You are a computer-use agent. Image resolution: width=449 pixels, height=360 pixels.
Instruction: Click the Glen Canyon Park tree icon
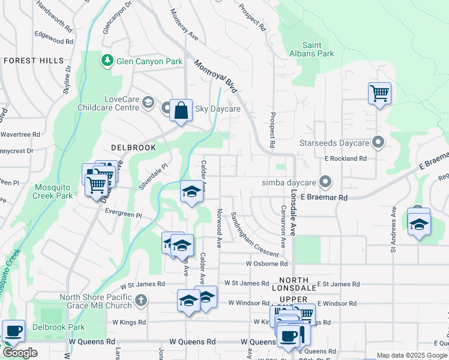107,61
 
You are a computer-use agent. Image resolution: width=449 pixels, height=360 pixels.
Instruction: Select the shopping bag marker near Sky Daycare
181,111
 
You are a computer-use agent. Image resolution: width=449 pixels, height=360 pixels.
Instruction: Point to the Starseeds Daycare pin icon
378,143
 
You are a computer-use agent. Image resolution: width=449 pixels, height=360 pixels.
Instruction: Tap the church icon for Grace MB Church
140,300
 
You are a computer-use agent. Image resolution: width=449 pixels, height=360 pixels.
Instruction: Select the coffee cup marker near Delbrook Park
13,331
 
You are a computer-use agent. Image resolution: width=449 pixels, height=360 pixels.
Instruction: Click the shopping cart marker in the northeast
379,94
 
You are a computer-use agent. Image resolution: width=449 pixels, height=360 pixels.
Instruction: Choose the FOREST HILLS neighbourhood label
34,61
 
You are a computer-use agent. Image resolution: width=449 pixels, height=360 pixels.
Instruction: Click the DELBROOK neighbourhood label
133,147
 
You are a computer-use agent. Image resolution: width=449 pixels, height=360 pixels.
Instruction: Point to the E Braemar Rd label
324,197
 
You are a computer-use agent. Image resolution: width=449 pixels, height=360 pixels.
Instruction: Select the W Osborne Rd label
265,263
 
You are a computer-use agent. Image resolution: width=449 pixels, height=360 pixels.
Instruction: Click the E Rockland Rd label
345,158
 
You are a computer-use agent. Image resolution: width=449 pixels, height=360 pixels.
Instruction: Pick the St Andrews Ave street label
394,223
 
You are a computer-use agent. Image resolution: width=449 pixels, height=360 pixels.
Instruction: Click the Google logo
20,352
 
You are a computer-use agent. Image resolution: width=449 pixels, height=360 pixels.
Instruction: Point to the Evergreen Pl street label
123,214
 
